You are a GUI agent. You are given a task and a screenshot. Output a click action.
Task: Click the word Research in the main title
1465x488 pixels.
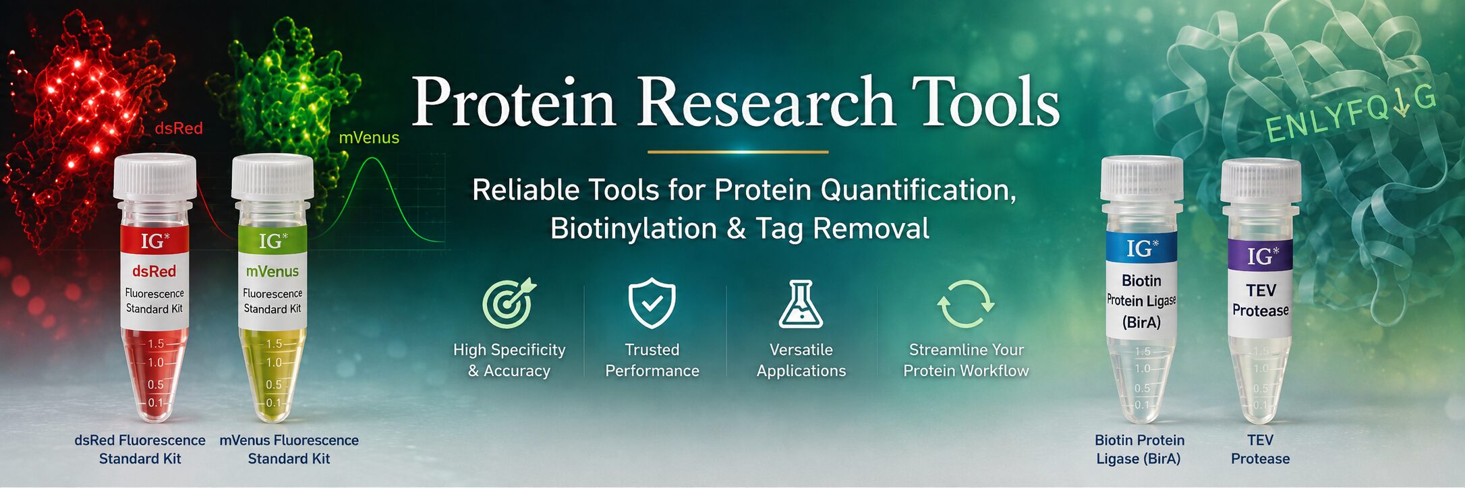(x=766, y=102)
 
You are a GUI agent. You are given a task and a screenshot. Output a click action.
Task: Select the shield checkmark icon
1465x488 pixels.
(x=652, y=303)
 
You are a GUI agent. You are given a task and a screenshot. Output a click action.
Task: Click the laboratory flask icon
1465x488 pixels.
(x=801, y=304)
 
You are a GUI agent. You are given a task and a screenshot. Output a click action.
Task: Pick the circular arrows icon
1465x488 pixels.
(x=966, y=304)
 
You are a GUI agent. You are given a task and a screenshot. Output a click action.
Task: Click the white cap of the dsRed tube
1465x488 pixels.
(x=155, y=177)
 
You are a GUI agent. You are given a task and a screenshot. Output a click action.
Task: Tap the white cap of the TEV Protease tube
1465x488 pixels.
(x=1261, y=181)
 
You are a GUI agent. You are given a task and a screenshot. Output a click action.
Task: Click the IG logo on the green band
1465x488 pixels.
(x=272, y=241)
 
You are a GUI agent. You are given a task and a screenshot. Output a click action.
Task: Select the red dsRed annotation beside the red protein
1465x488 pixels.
(x=179, y=128)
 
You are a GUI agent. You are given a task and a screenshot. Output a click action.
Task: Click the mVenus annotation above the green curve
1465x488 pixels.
(x=369, y=138)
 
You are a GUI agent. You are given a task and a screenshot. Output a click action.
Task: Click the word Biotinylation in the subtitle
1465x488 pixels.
(x=633, y=228)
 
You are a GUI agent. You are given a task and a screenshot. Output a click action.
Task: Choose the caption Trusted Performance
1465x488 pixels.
(x=652, y=360)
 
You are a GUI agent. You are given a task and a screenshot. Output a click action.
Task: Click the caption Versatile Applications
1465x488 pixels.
(x=801, y=360)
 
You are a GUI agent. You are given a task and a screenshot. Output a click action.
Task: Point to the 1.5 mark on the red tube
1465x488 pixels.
(x=156, y=344)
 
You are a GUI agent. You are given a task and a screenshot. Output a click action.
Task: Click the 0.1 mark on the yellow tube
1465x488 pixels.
(x=273, y=403)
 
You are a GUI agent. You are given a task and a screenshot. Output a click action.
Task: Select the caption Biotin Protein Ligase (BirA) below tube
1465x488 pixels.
(x=1139, y=450)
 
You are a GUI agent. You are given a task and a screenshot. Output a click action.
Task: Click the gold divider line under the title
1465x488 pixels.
(x=738, y=152)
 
